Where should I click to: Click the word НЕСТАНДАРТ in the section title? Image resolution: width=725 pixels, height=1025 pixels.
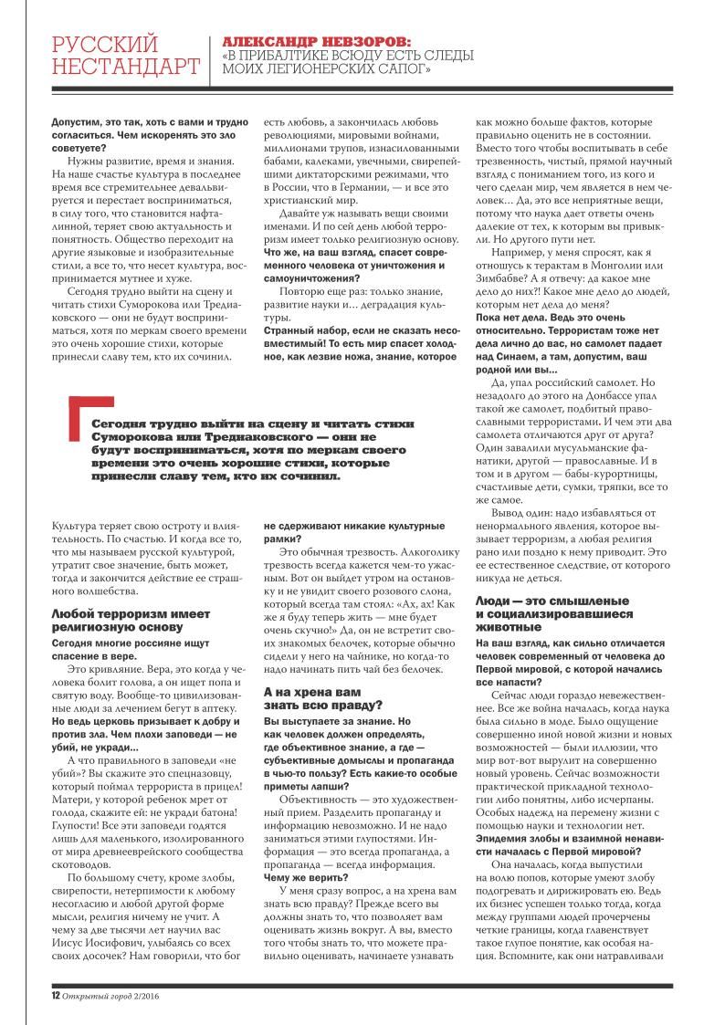click(x=126, y=66)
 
